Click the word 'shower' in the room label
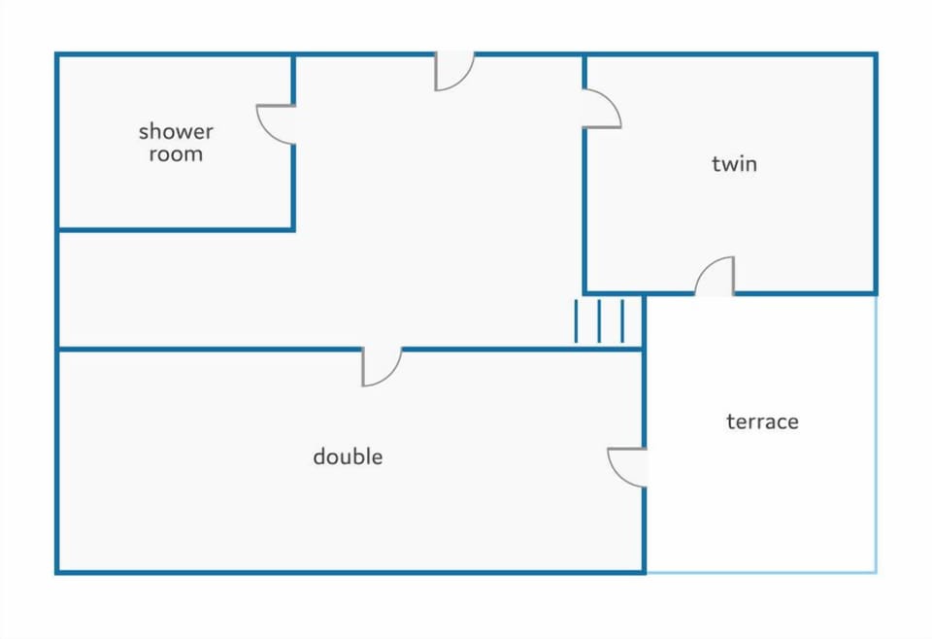coord(176,131)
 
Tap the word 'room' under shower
coord(176,154)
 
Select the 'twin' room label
coord(735,163)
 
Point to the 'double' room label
coord(348,456)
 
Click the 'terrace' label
coord(763,421)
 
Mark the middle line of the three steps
coord(599,321)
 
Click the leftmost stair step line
coord(576,321)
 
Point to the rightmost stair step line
coord(622,321)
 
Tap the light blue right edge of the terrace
coord(876,434)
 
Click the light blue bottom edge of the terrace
coord(761,572)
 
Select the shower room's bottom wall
coord(176,229)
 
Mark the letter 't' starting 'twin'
coord(716,163)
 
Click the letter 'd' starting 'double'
coord(319,456)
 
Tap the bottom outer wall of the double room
coord(350,572)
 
